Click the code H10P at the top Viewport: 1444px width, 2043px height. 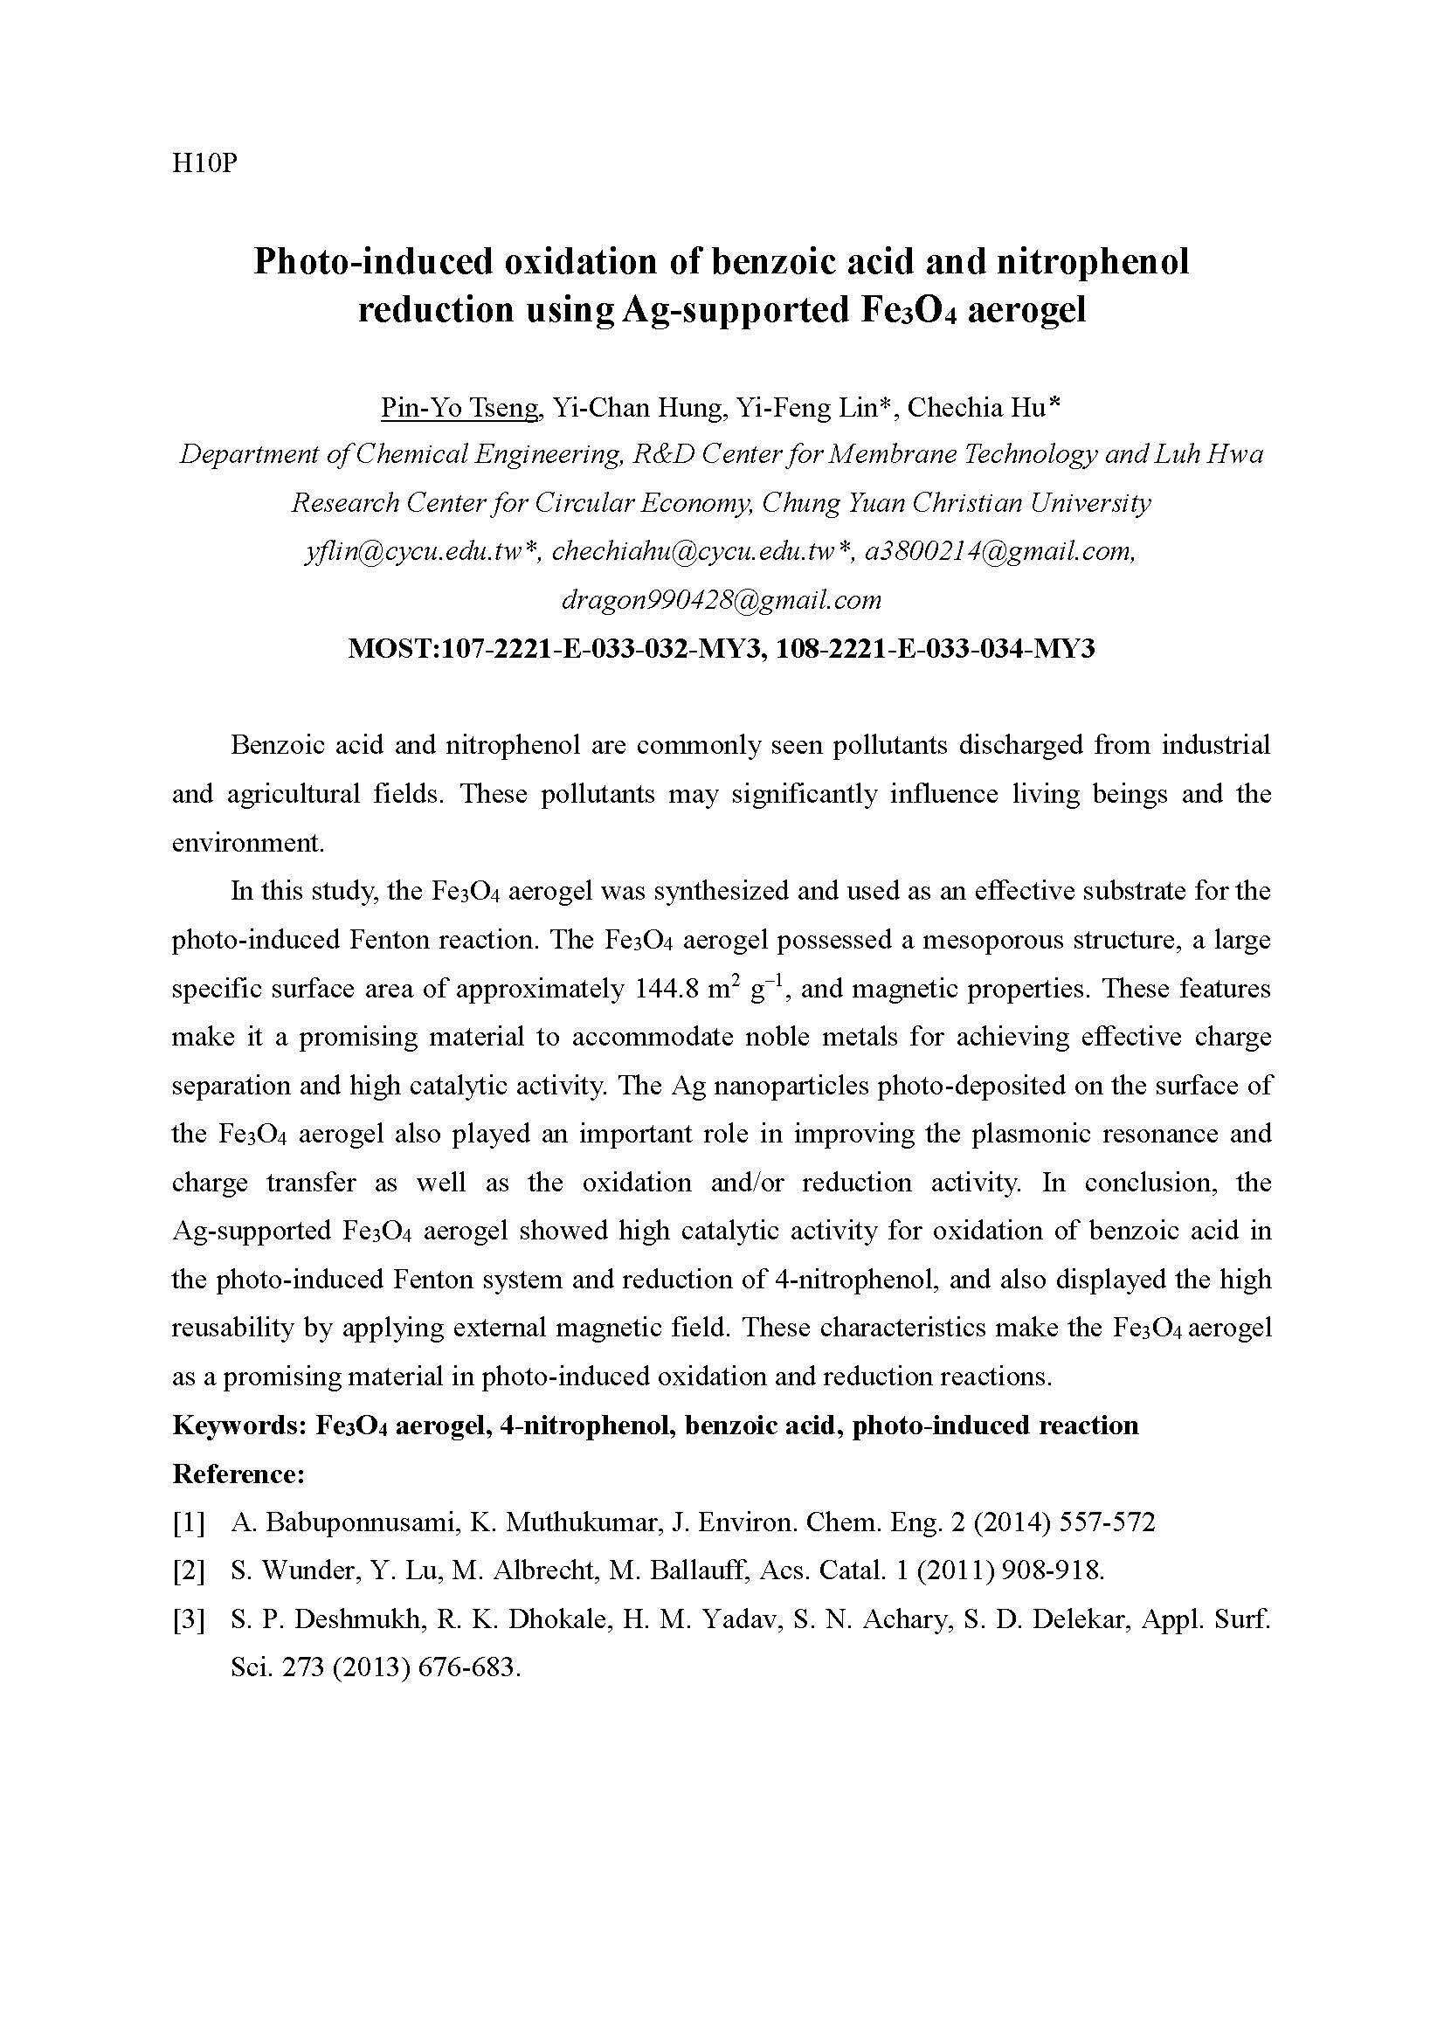[204, 164]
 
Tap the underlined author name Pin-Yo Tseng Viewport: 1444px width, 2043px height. [460, 408]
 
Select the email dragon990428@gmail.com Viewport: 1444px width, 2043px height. [722, 601]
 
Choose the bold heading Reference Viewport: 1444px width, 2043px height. [238, 1474]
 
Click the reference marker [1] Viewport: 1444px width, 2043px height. [189, 1522]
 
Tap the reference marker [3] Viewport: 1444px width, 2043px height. [189, 1619]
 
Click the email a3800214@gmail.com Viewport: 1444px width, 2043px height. [1000, 552]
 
